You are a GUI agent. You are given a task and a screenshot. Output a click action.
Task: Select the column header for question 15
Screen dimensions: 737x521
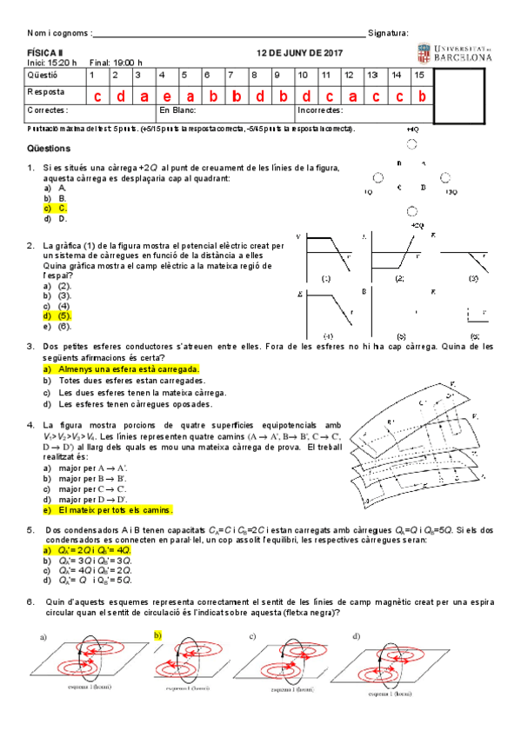(x=420, y=76)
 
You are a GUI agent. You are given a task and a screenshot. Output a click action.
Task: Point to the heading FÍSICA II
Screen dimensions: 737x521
(x=41, y=53)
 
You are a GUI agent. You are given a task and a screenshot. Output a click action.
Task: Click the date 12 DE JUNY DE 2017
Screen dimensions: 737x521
(x=299, y=53)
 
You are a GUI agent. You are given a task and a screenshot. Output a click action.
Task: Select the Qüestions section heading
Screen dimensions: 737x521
(x=51, y=149)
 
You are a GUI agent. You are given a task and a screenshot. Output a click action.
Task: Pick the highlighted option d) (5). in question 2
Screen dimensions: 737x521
(x=57, y=316)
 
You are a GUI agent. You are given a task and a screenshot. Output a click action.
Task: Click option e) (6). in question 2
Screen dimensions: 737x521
(x=57, y=327)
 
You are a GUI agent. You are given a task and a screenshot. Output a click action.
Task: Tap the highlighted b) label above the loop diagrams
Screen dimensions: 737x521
(x=158, y=636)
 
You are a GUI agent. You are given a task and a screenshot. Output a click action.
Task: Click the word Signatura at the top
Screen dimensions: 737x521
(x=388, y=33)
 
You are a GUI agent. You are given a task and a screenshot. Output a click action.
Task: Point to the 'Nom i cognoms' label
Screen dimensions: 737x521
(x=57, y=33)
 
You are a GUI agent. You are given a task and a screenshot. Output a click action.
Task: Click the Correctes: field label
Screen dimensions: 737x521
(x=48, y=110)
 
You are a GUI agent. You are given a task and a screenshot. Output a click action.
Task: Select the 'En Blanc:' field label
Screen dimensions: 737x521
(x=177, y=110)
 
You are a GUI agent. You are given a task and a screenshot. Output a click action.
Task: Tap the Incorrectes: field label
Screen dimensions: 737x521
(x=320, y=110)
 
